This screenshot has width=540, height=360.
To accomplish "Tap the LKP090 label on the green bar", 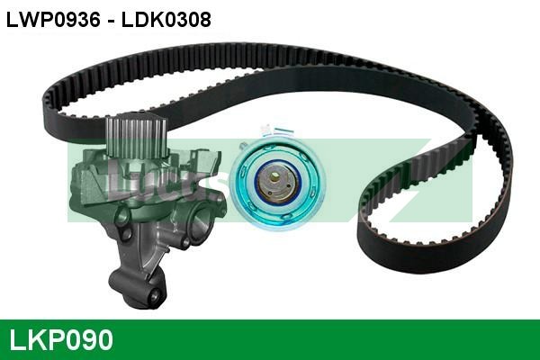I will pyautogui.click(x=61, y=340).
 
